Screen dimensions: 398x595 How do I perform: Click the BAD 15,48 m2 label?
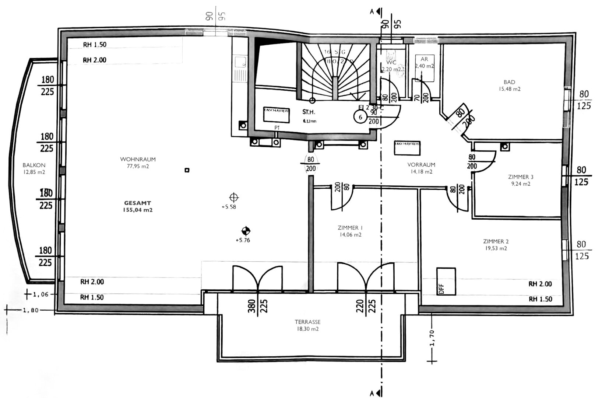pos(509,85)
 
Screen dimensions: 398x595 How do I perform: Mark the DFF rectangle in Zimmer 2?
pos(446,282)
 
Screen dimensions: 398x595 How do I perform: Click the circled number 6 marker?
pos(360,117)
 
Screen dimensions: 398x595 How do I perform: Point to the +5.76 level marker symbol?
pos(246,231)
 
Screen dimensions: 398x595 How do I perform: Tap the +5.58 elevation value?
pos(229,207)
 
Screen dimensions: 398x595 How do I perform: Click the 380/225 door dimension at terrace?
pos(257,306)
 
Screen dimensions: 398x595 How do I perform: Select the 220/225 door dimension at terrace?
pos(366,306)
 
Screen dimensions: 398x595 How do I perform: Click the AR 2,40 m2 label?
pos(424,62)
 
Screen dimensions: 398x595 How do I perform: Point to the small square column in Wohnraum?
pos(187,170)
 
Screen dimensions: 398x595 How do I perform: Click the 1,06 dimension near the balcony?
pos(41,294)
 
